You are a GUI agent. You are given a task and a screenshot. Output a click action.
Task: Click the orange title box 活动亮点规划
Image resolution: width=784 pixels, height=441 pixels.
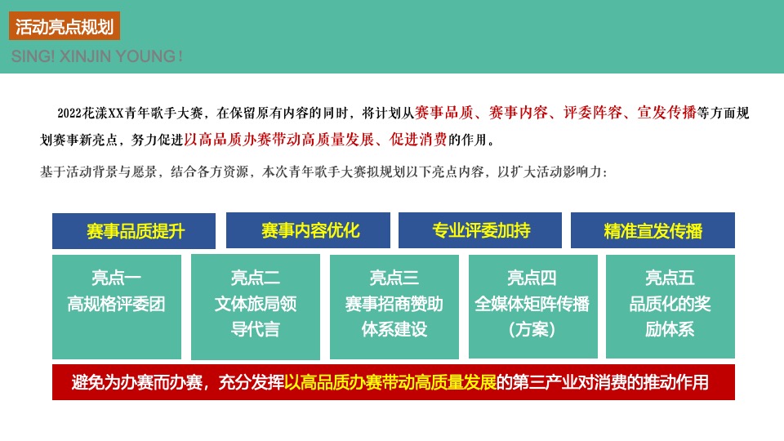click(65, 26)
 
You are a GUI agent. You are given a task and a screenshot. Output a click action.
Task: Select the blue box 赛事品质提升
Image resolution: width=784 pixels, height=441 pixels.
click(134, 231)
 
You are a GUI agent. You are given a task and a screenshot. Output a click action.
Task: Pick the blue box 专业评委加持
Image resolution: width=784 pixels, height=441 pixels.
click(480, 230)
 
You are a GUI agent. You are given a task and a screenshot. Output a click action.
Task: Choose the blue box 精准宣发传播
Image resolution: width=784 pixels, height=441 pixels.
click(653, 230)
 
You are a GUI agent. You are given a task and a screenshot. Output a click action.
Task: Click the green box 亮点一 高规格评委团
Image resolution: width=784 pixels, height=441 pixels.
click(117, 306)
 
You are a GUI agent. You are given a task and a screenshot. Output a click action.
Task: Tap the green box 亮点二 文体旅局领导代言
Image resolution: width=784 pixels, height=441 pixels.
click(255, 306)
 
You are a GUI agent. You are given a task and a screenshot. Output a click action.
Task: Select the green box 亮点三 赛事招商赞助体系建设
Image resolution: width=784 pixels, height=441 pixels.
click(394, 306)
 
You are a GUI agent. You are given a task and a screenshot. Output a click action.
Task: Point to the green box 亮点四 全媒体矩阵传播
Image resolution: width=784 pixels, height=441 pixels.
click(532, 306)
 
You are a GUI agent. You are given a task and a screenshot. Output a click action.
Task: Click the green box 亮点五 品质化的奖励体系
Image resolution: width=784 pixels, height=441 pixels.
click(670, 306)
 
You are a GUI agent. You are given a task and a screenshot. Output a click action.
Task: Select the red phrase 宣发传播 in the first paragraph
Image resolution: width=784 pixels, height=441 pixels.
click(667, 113)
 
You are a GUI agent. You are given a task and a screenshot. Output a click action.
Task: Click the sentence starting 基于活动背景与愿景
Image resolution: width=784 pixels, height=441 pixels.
click(323, 172)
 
